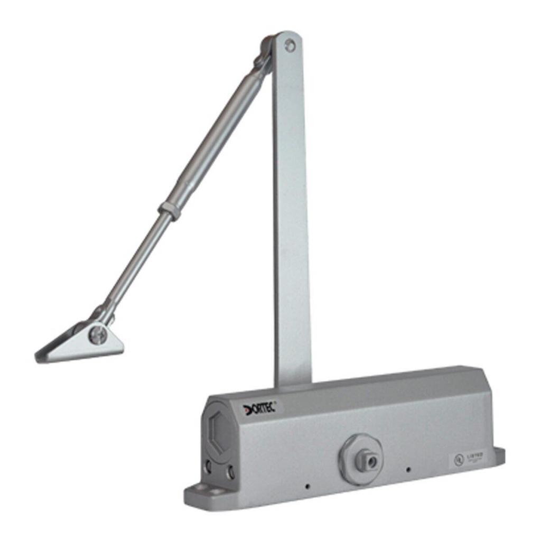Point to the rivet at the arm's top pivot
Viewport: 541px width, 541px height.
290,46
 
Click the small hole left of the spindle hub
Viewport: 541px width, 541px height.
307,486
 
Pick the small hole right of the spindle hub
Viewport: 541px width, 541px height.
408,469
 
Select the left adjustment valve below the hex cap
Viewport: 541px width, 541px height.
209,466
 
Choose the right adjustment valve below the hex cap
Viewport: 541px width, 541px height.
230,472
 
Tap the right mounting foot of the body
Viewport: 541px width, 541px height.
498,455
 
